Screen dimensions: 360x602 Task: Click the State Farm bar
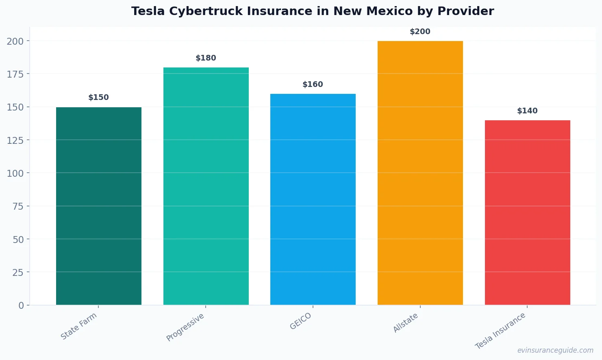coord(99,206)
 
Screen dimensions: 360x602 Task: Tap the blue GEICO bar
coord(313,199)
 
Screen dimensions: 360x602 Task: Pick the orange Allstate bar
coord(420,173)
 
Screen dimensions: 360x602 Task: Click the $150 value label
coord(99,98)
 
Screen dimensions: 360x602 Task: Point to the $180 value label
coord(206,58)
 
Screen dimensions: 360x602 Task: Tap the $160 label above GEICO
coord(313,85)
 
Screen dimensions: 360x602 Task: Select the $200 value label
coord(420,32)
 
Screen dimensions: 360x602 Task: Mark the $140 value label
coord(527,111)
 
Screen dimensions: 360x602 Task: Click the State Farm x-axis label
coord(79,326)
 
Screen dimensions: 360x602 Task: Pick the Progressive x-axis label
coord(185,327)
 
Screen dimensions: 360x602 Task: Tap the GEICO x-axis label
coord(301,321)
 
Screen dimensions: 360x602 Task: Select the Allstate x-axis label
coord(406,323)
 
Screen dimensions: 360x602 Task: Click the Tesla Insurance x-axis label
coord(500,331)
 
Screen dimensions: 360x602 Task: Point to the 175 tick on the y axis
coord(15,74)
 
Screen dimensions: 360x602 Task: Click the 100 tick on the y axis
coord(15,173)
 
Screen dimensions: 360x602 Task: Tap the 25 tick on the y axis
coord(18,272)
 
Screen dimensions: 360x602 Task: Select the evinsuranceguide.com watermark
coord(555,350)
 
